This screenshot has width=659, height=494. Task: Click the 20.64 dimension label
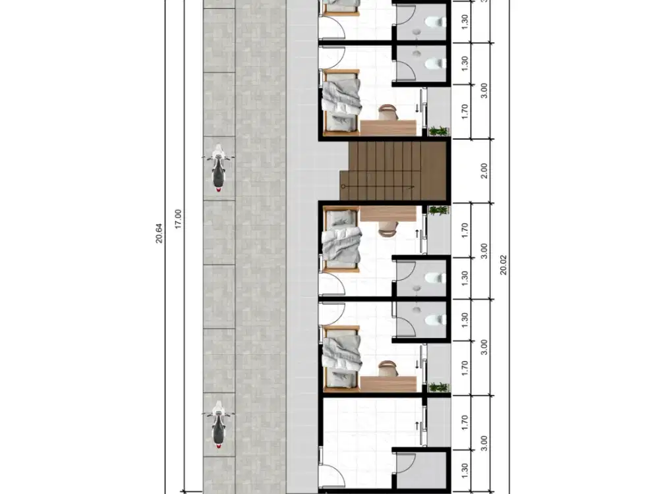(x=159, y=233)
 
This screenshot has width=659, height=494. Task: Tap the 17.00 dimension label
(x=178, y=219)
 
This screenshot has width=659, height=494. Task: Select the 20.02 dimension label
(x=503, y=265)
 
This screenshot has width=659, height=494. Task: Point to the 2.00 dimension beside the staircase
(x=484, y=171)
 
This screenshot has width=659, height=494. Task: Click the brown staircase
(x=393, y=171)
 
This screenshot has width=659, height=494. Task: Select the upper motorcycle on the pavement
(x=218, y=167)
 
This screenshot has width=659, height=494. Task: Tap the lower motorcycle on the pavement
(x=218, y=424)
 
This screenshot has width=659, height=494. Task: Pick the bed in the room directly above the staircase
(x=341, y=103)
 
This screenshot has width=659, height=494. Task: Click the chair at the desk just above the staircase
(x=387, y=113)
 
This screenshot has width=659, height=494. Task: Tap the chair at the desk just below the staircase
(x=387, y=229)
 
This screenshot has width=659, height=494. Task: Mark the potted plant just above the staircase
(x=439, y=131)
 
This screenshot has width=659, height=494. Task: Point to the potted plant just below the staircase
(x=439, y=211)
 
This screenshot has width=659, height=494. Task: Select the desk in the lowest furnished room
(x=388, y=384)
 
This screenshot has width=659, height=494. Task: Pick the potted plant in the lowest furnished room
(x=439, y=387)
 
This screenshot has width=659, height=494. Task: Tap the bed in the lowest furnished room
(x=341, y=359)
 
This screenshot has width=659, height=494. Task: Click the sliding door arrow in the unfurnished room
(x=417, y=425)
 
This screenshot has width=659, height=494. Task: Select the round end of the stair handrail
(x=343, y=186)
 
